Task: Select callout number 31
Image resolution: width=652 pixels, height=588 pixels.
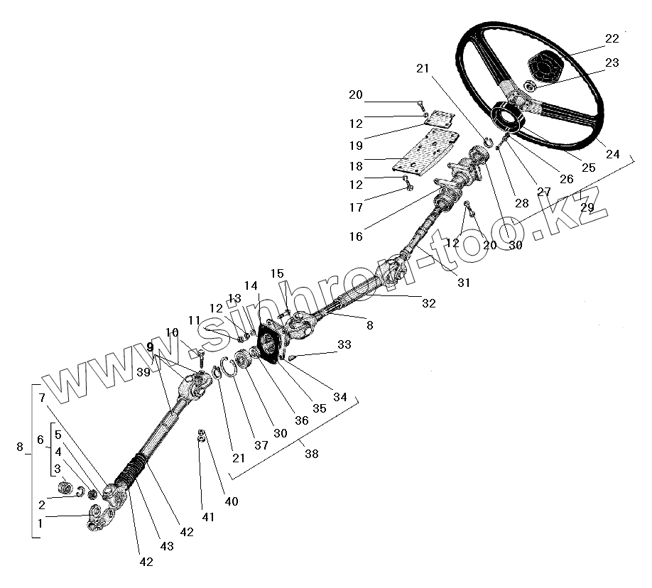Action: (464, 282)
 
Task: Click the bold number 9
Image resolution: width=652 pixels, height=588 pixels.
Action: (150, 347)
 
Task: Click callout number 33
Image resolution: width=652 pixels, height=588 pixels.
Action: (344, 346)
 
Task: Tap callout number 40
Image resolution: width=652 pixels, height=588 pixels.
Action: (232, 501)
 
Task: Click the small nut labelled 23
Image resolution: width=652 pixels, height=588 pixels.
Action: (529, 86)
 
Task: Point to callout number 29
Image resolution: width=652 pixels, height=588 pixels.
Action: (587, 207)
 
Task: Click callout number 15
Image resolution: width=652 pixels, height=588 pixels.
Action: (277, 273)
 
